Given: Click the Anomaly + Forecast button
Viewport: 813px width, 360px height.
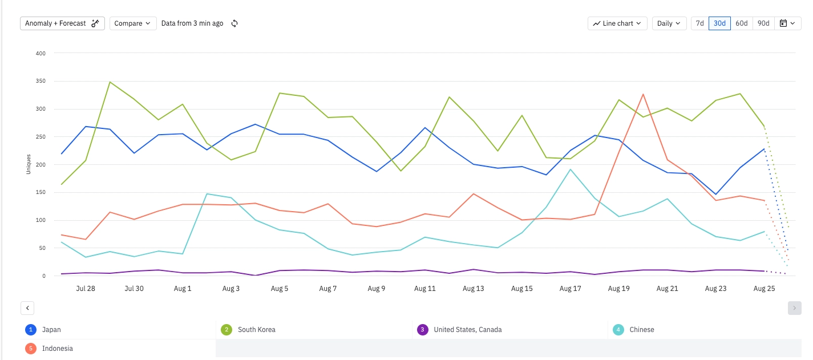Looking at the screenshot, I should pyautogui.click(x=62, y=23).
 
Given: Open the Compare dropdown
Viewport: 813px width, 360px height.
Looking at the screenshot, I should pyautogui.click(x=132, y=23).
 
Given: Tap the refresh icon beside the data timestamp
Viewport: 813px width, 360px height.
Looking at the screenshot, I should pyautogui.click(x=234, y=23).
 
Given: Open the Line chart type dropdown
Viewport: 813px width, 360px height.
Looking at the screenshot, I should pyautogui.click(x=617, y=23).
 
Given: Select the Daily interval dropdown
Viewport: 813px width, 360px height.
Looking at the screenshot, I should pyautogui.click(x=669, y=23).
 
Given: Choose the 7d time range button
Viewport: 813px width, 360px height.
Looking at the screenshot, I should pyautogui.click(x=699, y=23).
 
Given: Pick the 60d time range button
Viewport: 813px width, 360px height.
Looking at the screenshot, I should pyautogui.click(x=741, y=23).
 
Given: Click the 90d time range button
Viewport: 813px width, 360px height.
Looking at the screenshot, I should pyautogui.click(x=763, y=23).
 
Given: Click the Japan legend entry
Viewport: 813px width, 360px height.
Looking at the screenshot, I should pyautogui.click(x=51, y=330).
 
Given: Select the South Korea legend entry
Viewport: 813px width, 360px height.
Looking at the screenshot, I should pyautogui.click(x=256, y=330).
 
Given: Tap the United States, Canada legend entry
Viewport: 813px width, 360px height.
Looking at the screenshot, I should pyautogui.click(x=467, y=330).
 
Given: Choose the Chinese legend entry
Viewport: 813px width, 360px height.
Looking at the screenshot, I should pyautogui.click(x=641, y=330).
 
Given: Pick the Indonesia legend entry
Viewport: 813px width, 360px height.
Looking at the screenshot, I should pyautogui.click(x=57, y=349).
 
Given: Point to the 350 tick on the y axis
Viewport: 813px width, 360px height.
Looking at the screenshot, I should pyautogui.click(x=41, y=81).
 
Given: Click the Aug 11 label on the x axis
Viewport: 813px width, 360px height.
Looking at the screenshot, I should pyautogui.click(x=424, y=289).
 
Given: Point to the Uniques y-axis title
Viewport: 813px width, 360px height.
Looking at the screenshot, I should pyautogui.click(x=29, y=164).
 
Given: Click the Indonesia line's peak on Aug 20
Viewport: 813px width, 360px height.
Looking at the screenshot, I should pyautogui.click(x=643, y=94).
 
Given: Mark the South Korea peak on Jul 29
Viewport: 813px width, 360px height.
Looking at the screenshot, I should pyautogui.click(x=110, y=82).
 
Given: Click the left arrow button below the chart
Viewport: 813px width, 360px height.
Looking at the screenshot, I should pyautogui.click(x=27, y=308).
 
